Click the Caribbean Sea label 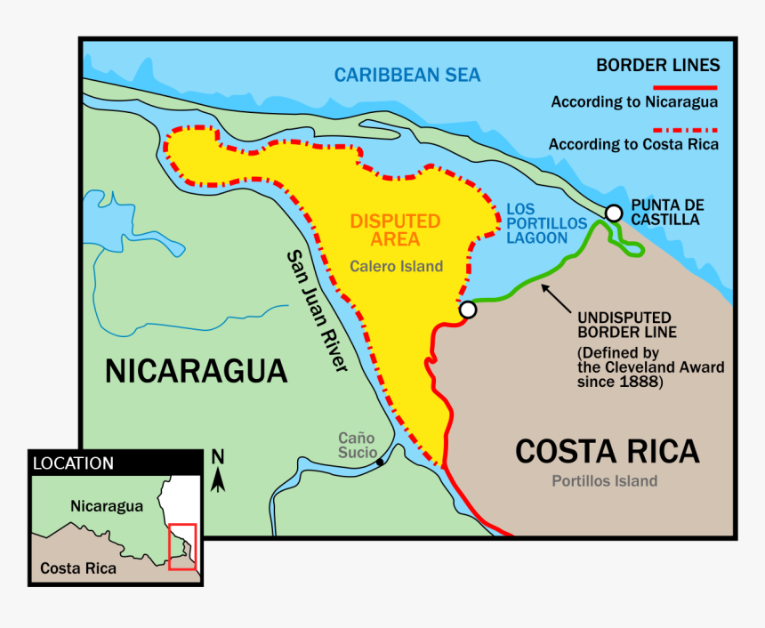(407, 75)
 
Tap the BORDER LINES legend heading (657, 65)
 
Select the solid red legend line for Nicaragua (686, 88)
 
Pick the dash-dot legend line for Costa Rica (686, 129)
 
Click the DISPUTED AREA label (395, 230)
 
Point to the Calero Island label (396, 266)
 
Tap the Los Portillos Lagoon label (546, 223)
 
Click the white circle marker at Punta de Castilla (614, 213)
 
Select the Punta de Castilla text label (665, 212)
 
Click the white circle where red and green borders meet (468, 310)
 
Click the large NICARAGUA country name (196, 370)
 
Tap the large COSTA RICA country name (608, 451)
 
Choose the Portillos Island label (604, 481)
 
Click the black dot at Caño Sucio (380, 462)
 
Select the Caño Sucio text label (357, 445)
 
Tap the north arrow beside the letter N (219, 479)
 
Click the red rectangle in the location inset (181, 546)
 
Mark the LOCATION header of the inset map (74, 463)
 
